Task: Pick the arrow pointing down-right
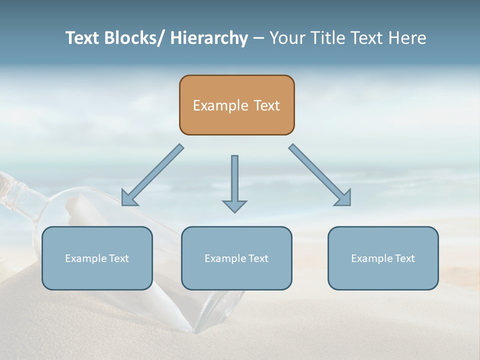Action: [x=320, y=175]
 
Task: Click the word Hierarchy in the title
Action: [x=209, y=38]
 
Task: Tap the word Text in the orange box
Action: [x=266, y=105]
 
